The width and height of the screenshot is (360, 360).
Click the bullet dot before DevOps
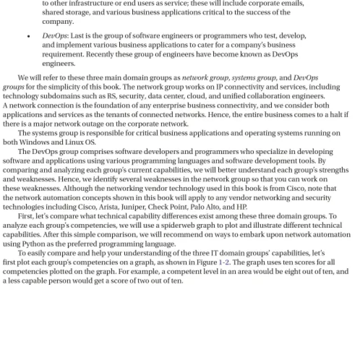[x=29, y=36]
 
